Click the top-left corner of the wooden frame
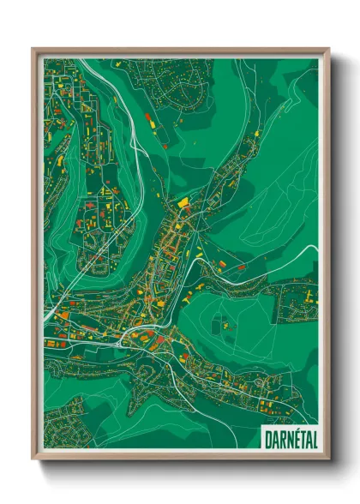tap(33, 49)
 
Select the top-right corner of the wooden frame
tap(328, 49)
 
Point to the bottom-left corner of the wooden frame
tap(33, 460)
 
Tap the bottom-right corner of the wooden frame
tap(328, 460)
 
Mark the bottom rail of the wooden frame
tap(180, 458)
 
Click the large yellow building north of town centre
tap(183, 202)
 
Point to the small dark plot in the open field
tap(222, 325)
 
